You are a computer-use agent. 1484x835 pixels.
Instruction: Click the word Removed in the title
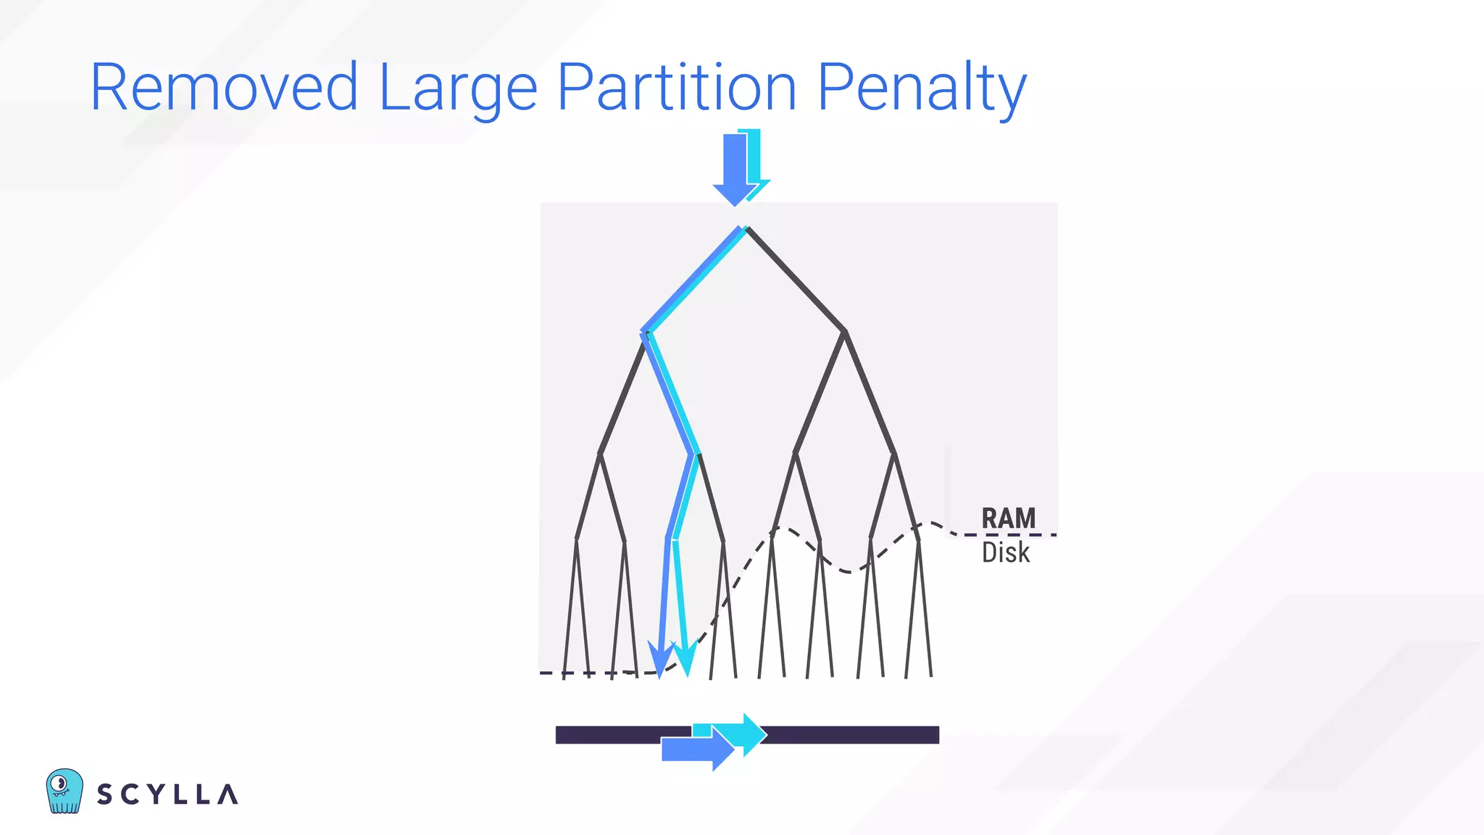pyautogui.click(x=224, y=88)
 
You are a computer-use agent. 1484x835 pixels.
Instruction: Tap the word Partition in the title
pyautogui.click(x=678, y=88)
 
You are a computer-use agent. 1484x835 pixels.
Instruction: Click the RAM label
pyautogui.click(x=1008, y=518)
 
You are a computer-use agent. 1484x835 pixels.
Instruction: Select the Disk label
pyautogui.click(x=1006, y=552)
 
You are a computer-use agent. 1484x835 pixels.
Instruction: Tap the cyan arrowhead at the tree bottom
pyautogui.click(x=685, y=659)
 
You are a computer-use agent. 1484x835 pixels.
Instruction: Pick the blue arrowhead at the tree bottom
pyautogui.click(x=660, y=659)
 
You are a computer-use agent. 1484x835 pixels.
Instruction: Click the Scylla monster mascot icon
pyautogui.click(x=64, y=791)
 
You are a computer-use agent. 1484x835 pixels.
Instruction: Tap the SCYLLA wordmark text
pyautogui.click(x=167, y=794)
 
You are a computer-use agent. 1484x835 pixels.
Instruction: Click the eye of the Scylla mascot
pyautogui.click(x=60, y=783)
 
